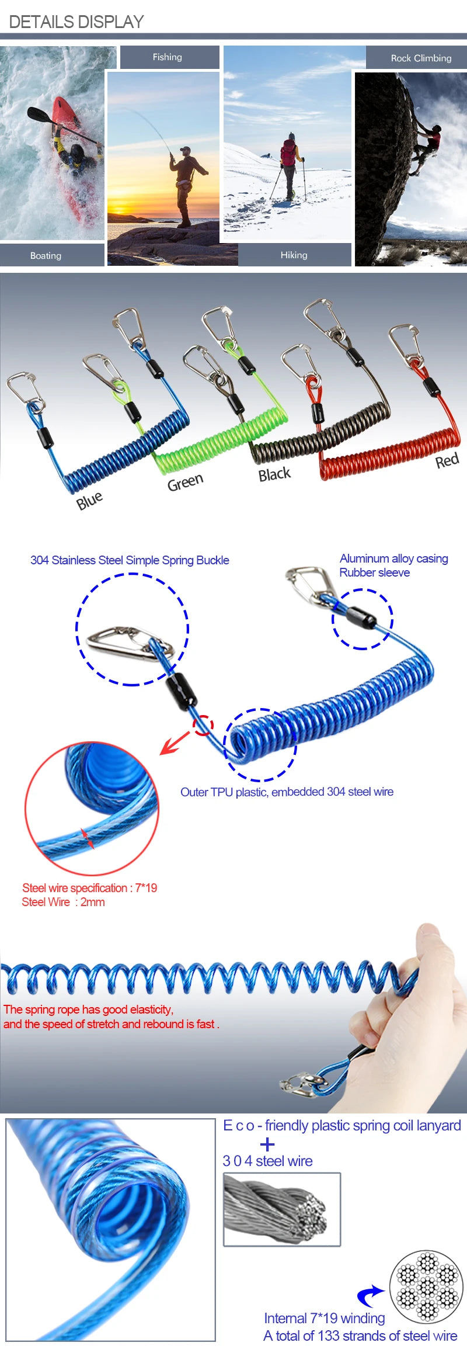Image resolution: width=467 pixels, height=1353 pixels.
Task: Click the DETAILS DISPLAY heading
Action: pos(76,22)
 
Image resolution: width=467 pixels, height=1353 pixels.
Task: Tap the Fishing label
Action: pos(168,57)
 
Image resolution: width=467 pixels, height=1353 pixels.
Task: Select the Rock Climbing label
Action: pos(421,58)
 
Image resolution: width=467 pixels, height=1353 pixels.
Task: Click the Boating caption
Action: pos(46,256)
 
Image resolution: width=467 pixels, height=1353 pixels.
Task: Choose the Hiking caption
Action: pos(294,255)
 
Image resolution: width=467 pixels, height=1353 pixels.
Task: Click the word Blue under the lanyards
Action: pos(89,501)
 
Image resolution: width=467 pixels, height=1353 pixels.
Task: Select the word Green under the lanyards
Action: pos(185,483)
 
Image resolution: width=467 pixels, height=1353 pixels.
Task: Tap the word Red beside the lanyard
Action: pos(447,461)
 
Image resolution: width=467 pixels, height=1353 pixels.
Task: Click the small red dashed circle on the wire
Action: pos(203,725)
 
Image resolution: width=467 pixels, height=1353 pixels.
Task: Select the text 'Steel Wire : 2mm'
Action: pos(63,902)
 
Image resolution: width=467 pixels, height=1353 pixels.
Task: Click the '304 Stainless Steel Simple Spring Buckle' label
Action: pos(130,560)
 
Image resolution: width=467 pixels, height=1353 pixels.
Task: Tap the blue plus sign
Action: pos(267,1144)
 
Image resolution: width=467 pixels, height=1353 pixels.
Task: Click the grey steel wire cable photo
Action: pos(282,1209)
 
